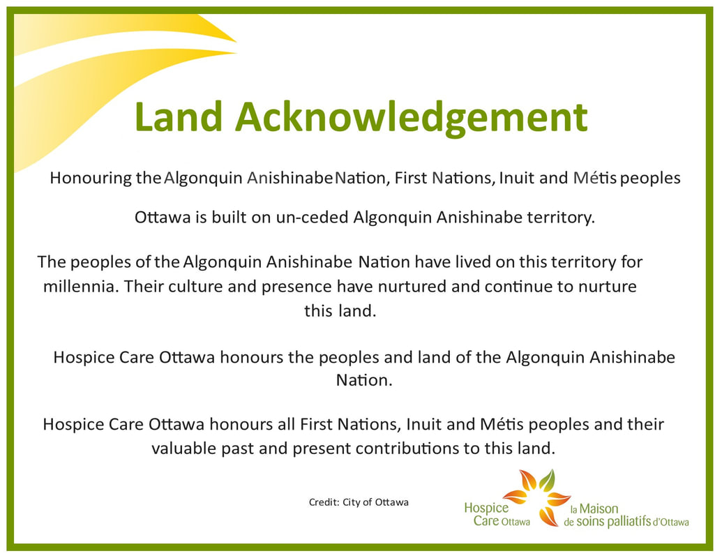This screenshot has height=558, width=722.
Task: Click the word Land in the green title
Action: [179, 116]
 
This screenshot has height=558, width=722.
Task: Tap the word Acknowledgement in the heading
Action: [412, 119]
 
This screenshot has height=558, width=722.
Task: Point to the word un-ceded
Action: [312, 217]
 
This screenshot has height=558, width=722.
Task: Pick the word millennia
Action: [81, 287]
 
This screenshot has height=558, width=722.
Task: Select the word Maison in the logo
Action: [599, 508]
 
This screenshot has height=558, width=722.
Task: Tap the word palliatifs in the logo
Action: [629, 522]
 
